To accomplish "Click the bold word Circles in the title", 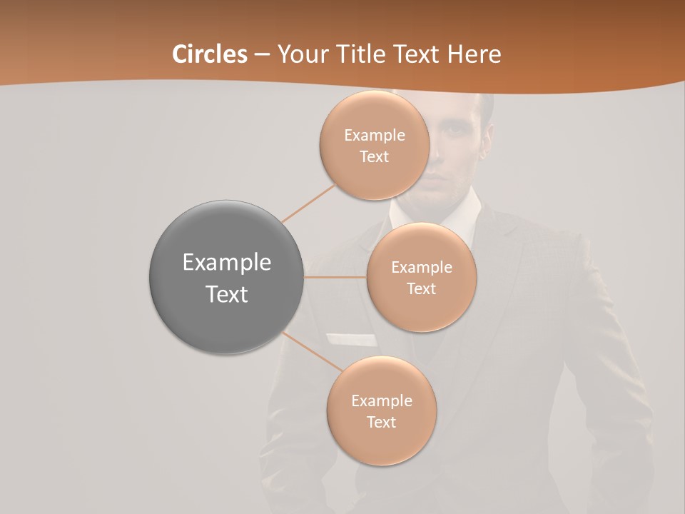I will click(210, 54).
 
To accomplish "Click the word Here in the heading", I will click(474, 54).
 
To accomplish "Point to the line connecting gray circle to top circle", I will click(308, 203).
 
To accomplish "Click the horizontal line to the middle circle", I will click(335, 277).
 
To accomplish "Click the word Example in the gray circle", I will click(226, 263).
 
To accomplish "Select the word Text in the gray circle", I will click(226, 294).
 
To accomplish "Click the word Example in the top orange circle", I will click(374, 135).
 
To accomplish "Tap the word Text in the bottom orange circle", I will click(381, 422).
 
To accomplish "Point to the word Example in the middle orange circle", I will click(421, 267).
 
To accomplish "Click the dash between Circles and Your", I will click(262, 55).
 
